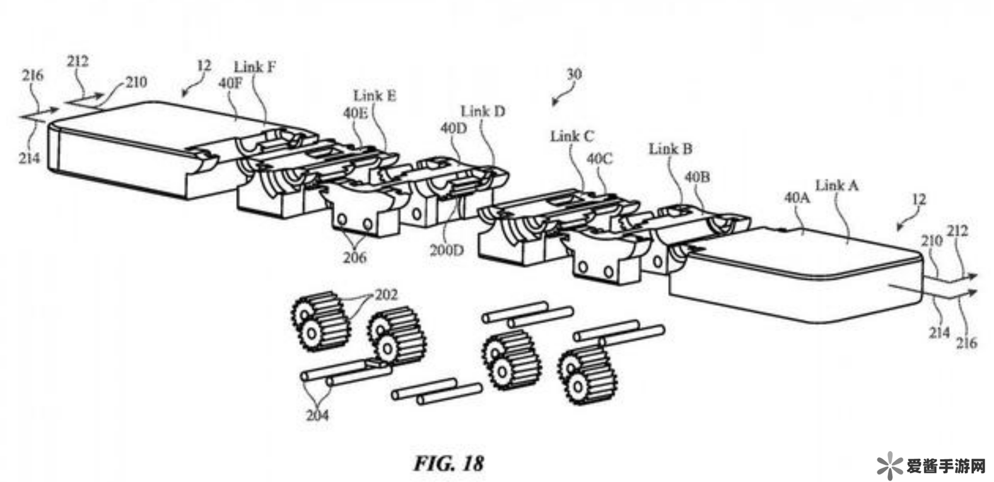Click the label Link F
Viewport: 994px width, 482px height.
tap(255, 66)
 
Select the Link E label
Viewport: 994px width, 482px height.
tap(375, 96)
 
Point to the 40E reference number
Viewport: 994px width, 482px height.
tap(355, 112)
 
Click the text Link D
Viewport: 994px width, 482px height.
tap(482, 112)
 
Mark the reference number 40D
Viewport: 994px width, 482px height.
tap(453, 128)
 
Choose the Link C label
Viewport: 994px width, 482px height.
tap(572, 136)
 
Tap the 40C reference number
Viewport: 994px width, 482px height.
tap(600, 158)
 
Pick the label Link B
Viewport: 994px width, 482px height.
tap(670, 149)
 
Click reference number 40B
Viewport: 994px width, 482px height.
tap(697, 177)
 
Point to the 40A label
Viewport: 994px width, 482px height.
tap(797, 197)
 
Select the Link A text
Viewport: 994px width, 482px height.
tap(837, 185)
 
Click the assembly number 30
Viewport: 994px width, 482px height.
tap(573, 74)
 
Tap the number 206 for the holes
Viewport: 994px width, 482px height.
tap(354, 257)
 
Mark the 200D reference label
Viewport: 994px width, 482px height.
tap(447, 250)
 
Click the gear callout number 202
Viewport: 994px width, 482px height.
tap(386, 295)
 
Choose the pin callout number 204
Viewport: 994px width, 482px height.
tap(317, 415)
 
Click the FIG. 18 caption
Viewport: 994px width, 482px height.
tap(448, 464)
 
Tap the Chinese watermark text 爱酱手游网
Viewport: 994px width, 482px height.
tap(945, 467)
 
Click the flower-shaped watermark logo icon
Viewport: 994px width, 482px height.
tap(889, 466)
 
